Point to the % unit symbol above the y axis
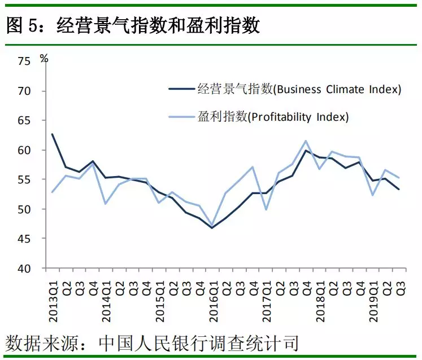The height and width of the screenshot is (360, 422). pos(44,58)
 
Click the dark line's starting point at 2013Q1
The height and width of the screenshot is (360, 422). pos(53,134)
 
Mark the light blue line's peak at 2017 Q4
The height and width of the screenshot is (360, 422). pos(306,141)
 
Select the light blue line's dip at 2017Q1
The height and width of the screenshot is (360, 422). pos(266,209)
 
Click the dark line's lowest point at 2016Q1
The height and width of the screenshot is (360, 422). pos(212,228)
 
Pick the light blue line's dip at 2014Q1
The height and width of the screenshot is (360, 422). pos(106,203)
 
